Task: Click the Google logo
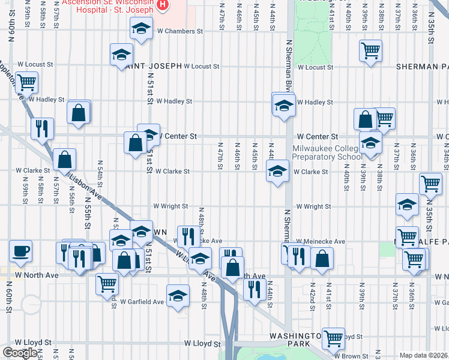point(20,353)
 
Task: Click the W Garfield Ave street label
point(142,302)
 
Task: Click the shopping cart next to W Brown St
point(333,337)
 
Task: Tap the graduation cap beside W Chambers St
point(141,28)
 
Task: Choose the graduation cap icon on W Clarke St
point(277,171)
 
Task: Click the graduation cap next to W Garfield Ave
point(178,296)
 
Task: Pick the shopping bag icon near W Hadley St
point(79,112)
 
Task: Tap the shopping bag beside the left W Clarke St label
point(64,160)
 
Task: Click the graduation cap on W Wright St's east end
point(407,205)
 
